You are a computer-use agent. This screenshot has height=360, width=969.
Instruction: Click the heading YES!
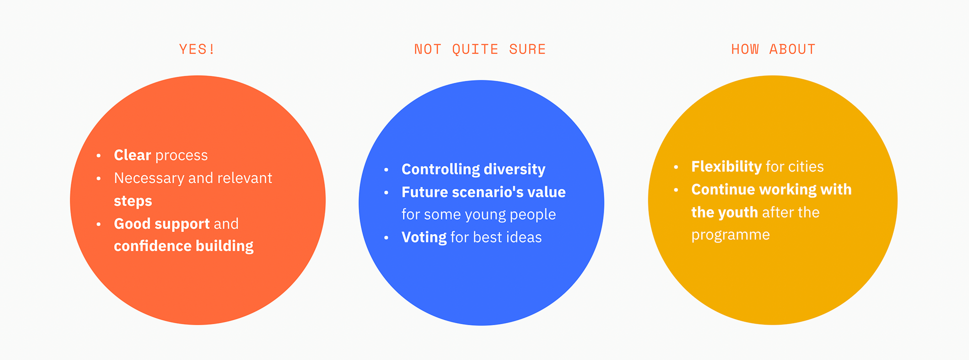coord(197,49)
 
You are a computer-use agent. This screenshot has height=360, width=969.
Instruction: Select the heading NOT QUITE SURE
coord(480,49)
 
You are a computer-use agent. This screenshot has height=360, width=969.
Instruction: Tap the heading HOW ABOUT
coord(773,49)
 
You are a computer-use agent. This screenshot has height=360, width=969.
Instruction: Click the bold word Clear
coord(132,155)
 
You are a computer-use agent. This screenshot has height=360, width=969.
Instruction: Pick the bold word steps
coord(133,201)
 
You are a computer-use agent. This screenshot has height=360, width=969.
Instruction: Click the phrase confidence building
coord(184,246)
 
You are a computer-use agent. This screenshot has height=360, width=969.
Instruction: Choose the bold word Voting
coord(424,237)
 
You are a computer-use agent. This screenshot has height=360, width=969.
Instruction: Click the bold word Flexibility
coord(726,167)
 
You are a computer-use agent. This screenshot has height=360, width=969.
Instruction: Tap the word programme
coord(730,235)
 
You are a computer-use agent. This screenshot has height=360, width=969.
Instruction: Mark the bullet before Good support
coord(98,224)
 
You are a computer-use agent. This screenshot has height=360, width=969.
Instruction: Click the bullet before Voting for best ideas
coord(386,237)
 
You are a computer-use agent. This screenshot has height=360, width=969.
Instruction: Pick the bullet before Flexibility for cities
coord(676,167)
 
